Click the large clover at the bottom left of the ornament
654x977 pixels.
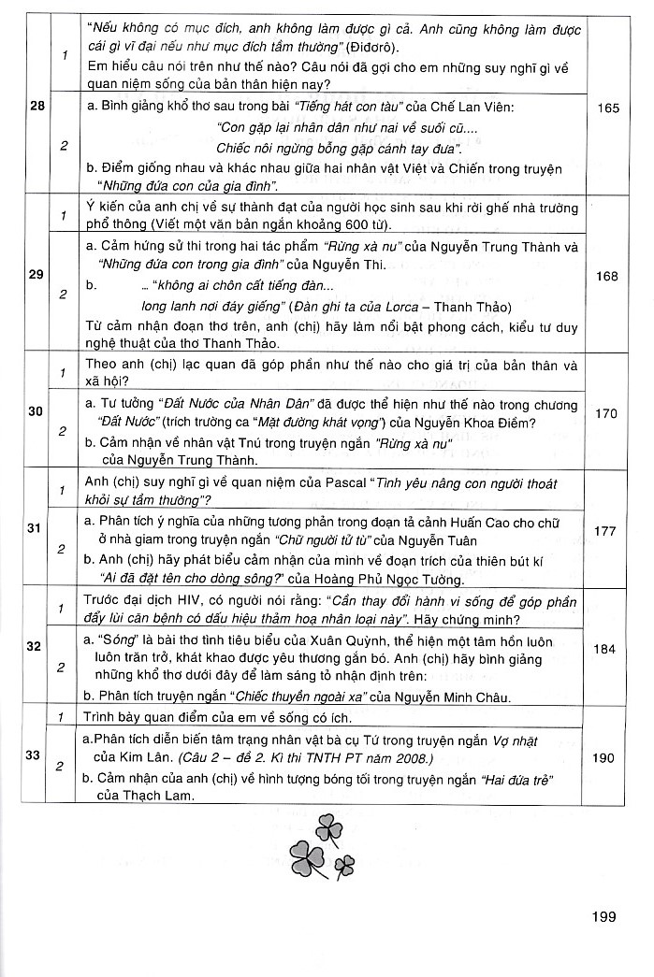(x=305, y=854)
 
